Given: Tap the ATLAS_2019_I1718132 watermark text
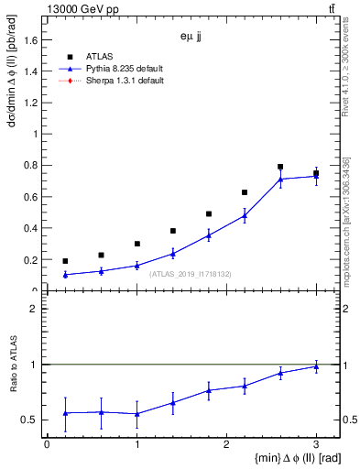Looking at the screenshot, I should [x=191, y=273].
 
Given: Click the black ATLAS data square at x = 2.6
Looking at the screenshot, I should [x=280, y=167].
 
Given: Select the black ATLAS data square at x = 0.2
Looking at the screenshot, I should [x=65, y=261].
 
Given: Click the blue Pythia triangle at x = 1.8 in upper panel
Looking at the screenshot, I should [x=209, y=235].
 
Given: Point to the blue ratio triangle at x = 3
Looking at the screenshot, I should [x=316, y=366].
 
